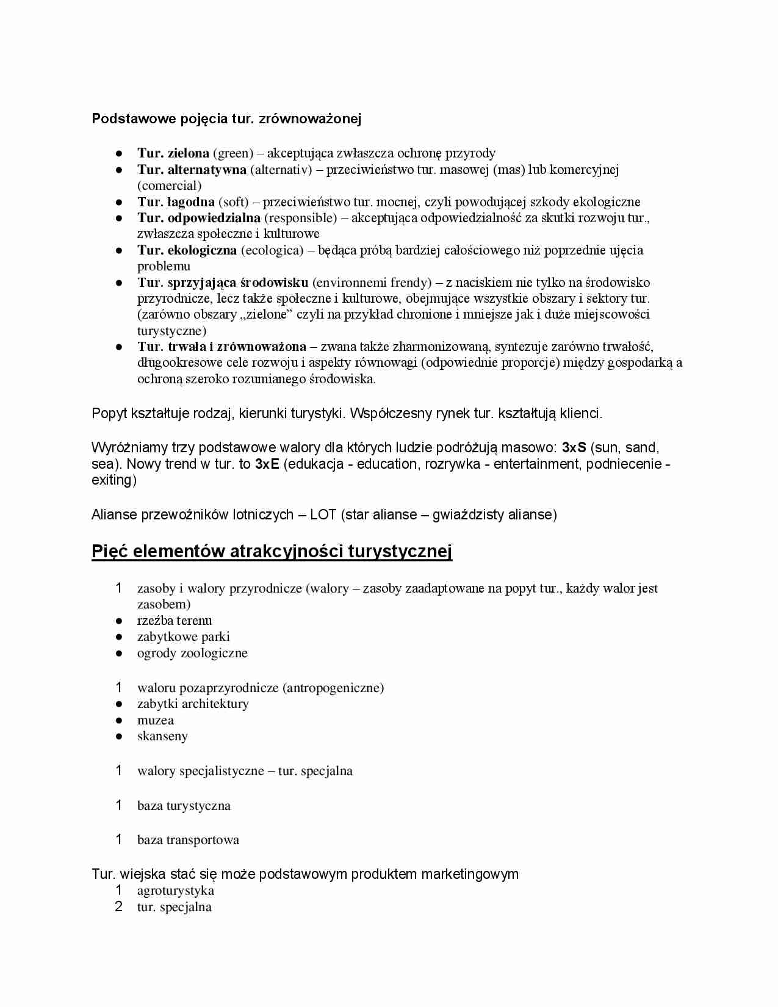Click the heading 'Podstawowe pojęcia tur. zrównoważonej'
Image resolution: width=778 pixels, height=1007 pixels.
[x=226, y=118]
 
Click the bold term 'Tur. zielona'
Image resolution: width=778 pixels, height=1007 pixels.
[x=173, y=153]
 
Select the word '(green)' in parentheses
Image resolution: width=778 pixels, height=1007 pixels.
[x=232, y=153]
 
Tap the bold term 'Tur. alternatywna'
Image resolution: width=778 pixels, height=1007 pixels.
[x=192, y=169]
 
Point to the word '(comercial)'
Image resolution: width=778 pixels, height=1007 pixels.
[x=169, y=185]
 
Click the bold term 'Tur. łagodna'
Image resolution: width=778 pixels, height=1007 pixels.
[x=176, y=201]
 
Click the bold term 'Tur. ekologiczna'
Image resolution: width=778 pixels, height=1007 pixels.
[x=187, y=250]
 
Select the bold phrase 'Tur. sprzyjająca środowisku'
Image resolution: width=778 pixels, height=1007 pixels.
[x=223, y=282]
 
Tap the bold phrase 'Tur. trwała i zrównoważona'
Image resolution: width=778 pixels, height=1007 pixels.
[x=222, y=347]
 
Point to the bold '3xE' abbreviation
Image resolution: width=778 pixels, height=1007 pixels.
[x=267, y=464]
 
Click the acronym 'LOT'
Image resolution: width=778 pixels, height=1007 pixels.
[x=323, y=514]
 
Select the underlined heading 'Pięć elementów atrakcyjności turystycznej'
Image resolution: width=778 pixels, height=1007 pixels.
[x=272, y=551]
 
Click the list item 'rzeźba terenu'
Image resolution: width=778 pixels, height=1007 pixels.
[x=175, y=621]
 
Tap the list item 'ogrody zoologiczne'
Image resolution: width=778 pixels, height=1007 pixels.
[x=192, y=653]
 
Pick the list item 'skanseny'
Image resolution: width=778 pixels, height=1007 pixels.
[x=162, y=736]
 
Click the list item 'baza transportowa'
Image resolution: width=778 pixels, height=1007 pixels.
[x=188, y=840]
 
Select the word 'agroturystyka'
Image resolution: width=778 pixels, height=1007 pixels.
[x=176, y=890]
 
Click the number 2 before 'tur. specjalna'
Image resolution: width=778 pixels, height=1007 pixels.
[x=119, y=907]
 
